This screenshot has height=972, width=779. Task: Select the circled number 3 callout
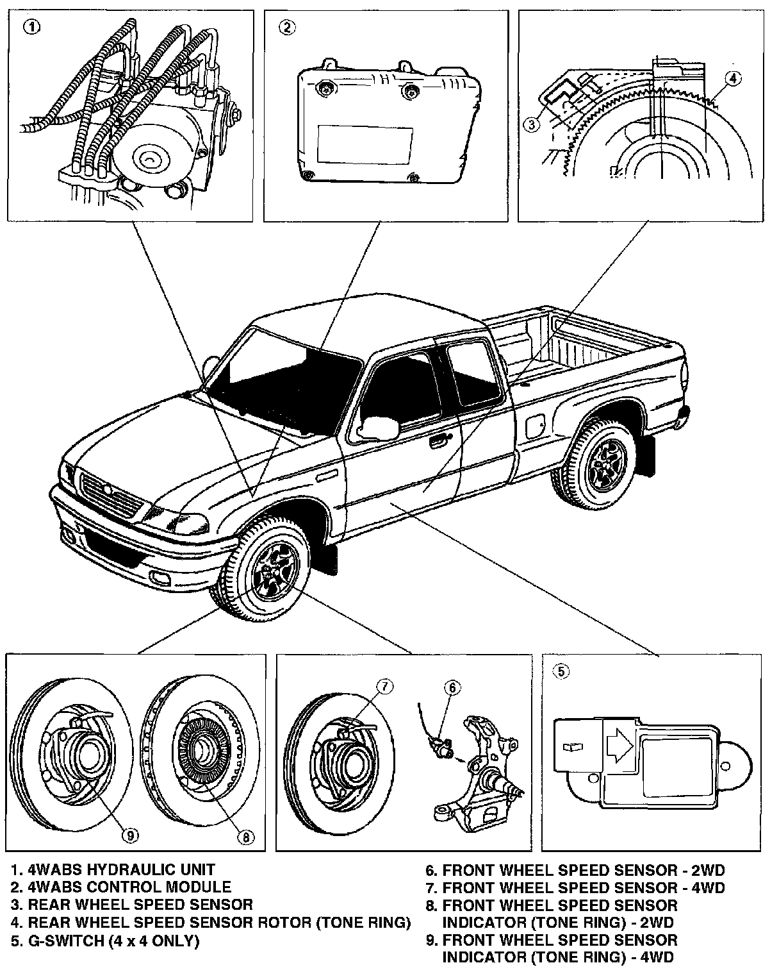pos(532,124)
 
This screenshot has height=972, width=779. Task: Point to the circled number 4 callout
pos(734,78)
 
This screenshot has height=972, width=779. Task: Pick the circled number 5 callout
pos(561,671)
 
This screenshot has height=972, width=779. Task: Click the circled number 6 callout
pos(452,688)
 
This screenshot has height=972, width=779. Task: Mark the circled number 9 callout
pos(130,835)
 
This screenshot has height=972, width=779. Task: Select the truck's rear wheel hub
pos(603,461)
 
